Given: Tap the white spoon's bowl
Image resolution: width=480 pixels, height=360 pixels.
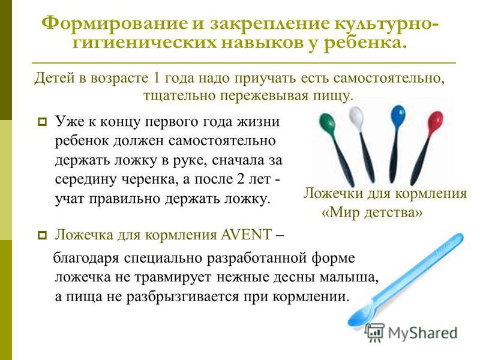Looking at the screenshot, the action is tap(356, 118).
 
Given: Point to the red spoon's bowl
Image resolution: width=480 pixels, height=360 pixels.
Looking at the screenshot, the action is tap(436, 122).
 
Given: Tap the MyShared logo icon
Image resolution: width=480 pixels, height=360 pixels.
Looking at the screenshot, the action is tap(374, 332).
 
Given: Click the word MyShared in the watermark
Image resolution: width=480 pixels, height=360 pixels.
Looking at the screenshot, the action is tap(423, 333).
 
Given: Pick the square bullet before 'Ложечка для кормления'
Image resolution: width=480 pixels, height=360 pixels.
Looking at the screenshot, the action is tap(42, 236).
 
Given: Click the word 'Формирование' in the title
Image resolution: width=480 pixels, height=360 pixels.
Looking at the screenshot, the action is tap(114, 24).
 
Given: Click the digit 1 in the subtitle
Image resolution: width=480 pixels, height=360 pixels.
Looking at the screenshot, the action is tap(156, 78).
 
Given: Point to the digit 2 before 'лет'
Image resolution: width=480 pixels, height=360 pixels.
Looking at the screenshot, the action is tap(240, 179).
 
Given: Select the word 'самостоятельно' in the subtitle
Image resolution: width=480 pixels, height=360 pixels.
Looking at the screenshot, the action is tap(388, 79).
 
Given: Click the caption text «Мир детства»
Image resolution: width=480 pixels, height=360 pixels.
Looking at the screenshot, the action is tap(372, 212).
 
